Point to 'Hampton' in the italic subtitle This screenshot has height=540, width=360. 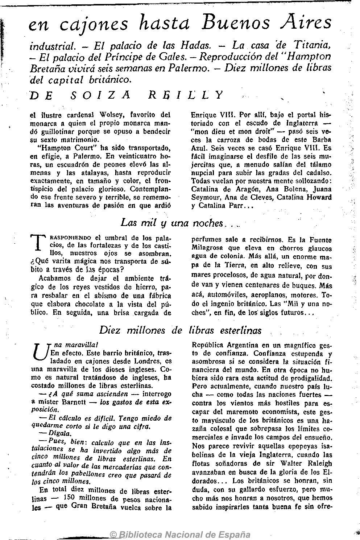point(311,57)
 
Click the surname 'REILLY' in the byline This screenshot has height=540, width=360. point(187,95)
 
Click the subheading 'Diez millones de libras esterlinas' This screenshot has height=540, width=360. point(180,330)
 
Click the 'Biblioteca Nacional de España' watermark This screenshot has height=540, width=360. point(180,534)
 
